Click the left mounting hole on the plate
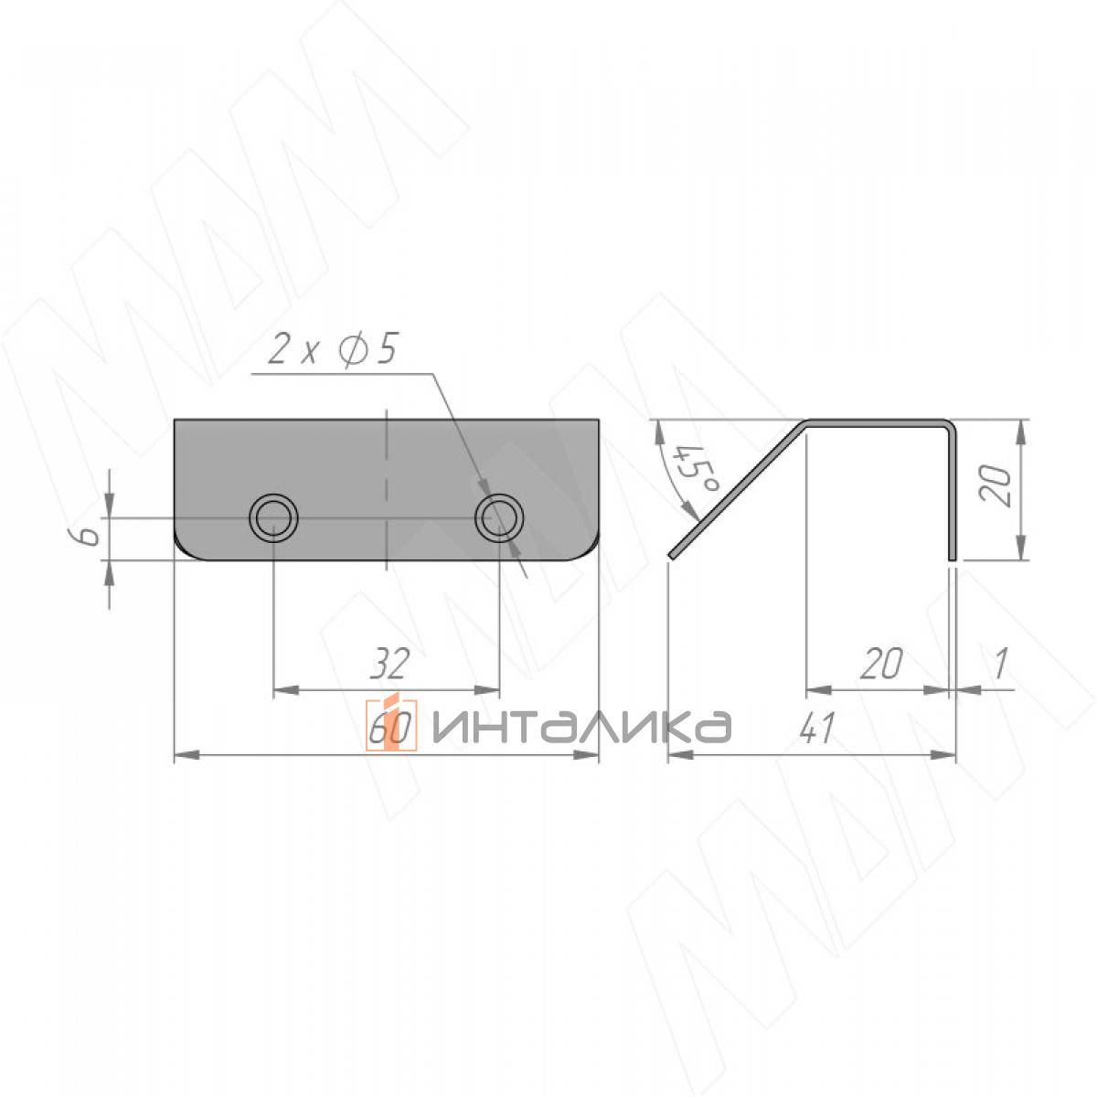(274, 517)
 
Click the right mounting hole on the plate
(499, 517)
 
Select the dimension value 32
(389, 663)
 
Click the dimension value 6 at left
(90, 537)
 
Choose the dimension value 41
(817, 728)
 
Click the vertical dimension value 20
(996, 485)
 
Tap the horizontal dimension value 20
(881, 663)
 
